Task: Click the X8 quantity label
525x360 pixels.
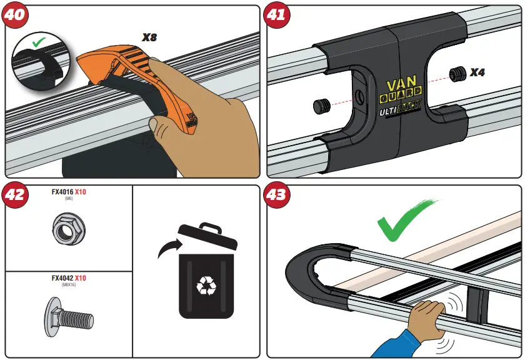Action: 149,37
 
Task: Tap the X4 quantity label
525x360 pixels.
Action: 477,72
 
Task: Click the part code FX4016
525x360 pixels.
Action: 62,192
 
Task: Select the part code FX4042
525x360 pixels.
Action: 62,278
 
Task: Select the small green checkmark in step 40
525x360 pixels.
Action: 38,43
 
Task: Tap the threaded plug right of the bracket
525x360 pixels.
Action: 458,74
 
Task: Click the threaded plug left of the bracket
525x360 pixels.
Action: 321,107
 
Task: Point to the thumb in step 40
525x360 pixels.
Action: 163,131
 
